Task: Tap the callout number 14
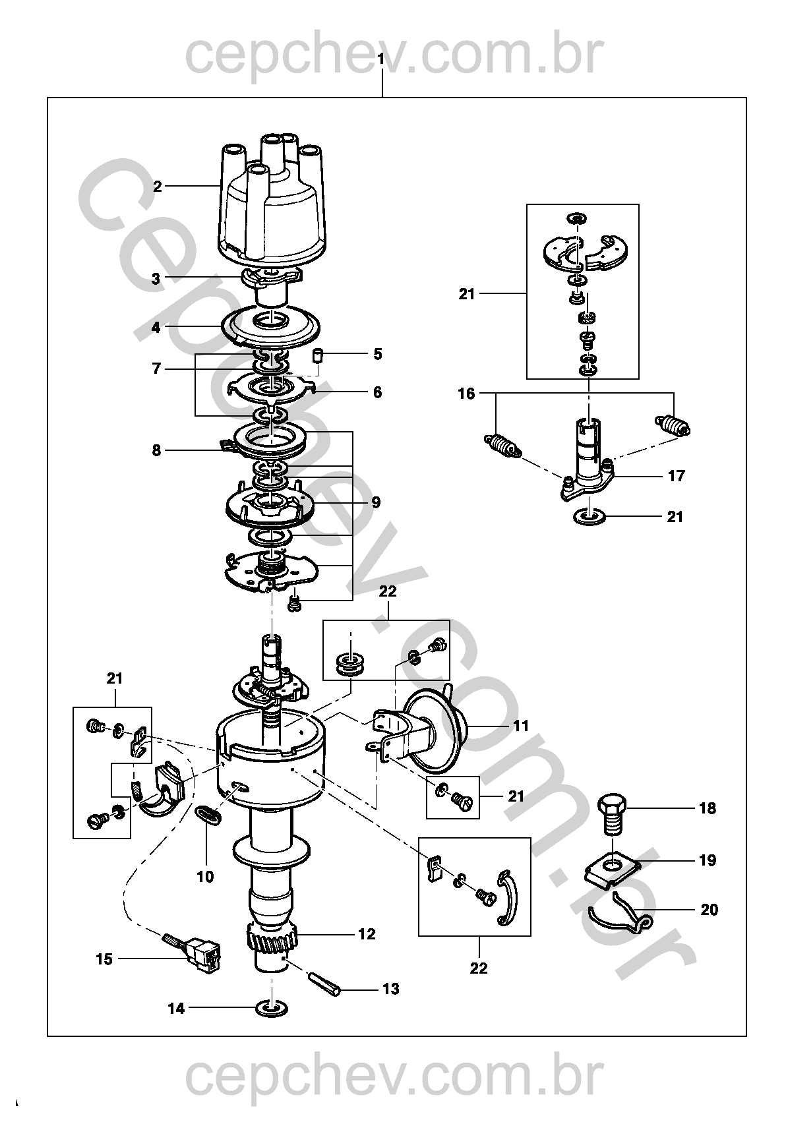point(176,1008)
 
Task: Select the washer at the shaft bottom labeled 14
point(272,1007)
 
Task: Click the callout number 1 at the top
point(381,59)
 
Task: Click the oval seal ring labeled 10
point(209,813)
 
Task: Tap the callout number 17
point(677,475)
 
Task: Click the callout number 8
point(156,450)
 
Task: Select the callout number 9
point(376,502)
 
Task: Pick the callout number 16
point(466,394)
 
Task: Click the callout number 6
point(377,392)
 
